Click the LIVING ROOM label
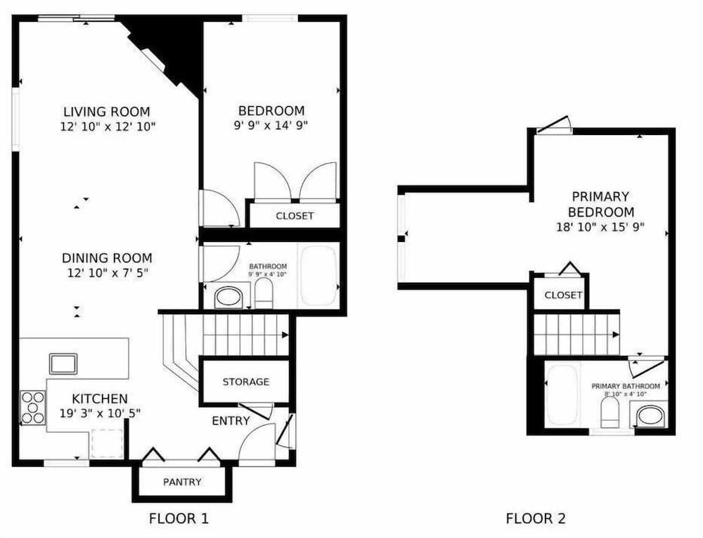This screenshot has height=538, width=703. click(x=106, y=112)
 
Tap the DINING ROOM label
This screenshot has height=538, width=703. click(x=106, y=258)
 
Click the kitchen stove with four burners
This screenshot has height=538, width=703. click(x=32, y=407)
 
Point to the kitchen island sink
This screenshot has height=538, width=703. click(x=63, y=364)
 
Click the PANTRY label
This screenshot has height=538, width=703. click(x=182, y=482)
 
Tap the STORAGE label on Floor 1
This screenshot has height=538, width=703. click(x=245, y=382)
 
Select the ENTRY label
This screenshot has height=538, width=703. click(x=231, y=421)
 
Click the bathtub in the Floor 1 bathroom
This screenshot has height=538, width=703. click(x=319, y=275)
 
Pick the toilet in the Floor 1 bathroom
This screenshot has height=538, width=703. click(x=264, y=294)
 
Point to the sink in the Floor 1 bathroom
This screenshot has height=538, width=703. click(x=228, y=297)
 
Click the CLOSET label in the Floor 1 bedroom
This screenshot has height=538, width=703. click(x=295, y=216)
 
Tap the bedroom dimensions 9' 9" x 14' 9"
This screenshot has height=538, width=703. click(x=271, y=126)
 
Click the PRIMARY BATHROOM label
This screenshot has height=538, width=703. click(x=625, y=386)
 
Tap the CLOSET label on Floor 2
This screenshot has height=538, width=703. click(x=563, y=295)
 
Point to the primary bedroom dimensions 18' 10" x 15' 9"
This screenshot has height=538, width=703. click(x=600, y=227)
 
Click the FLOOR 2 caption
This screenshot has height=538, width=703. click(x=535, y=519)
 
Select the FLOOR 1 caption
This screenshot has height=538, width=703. click(x=179, y=519)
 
